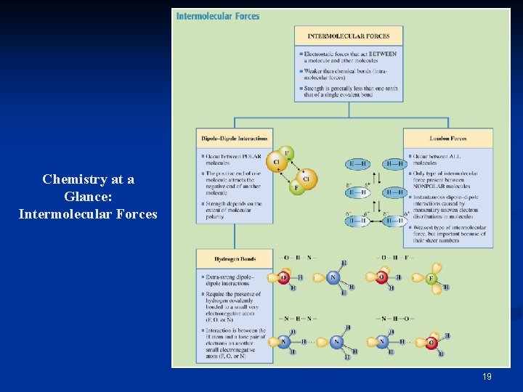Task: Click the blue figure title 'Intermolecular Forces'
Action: [x=218, y=16]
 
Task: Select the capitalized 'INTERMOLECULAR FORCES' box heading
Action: [x=349, y=36]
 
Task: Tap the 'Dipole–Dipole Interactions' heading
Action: [x=234, y=138]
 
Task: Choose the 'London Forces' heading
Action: [x=448, y=138]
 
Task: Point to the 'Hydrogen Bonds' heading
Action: [x=234, y=258]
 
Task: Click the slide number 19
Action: [x=487, y=377]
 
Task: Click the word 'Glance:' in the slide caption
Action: [x=87, y=196]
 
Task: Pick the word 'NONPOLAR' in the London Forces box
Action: [x=428, y=186]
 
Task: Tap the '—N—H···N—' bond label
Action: [x=296, y=319]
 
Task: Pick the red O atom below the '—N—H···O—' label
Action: [x=432, y=343]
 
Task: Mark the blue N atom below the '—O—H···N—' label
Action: [x=334, y=278]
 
